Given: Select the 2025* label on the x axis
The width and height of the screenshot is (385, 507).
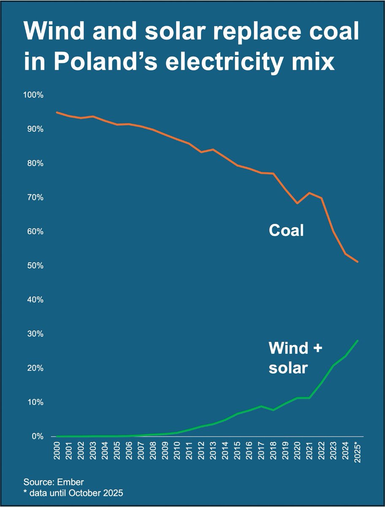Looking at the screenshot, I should click(x=358, y=452).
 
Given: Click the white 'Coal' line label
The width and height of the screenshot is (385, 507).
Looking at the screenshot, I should click(x=286, y=231).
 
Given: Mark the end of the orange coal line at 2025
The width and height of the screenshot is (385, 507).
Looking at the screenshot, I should click(x=358, y=262).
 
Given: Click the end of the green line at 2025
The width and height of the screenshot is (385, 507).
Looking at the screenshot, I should click(x=358, y=341).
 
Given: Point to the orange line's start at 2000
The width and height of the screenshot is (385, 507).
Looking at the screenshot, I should click(x=57, y=112).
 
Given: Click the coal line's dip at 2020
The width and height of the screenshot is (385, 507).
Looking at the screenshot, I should click(x=298, y=203).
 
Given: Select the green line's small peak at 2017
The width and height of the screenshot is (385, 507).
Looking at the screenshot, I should click(x=261, y=406).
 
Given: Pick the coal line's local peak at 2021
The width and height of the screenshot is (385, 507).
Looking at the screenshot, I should click(x=309, y=193).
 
